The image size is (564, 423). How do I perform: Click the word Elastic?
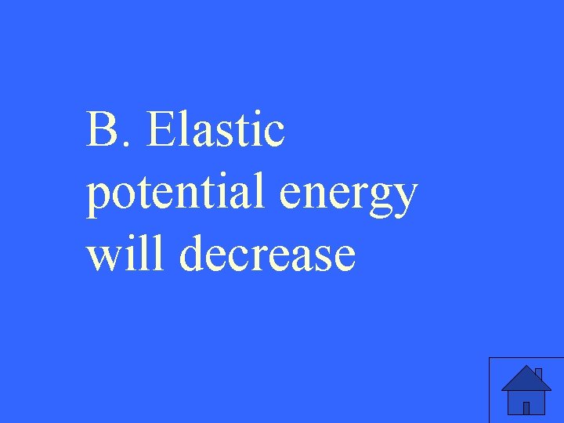(215, 129)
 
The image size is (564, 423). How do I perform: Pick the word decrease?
(266, 256)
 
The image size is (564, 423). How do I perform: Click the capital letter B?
(101, 130)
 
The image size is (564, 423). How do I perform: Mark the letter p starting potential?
(97, 197)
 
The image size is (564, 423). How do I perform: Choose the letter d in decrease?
(192, 256)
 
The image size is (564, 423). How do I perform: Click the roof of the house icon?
(525, 379)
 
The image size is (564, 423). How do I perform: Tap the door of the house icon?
(526, 407)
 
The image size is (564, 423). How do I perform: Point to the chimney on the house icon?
(538, 372)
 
